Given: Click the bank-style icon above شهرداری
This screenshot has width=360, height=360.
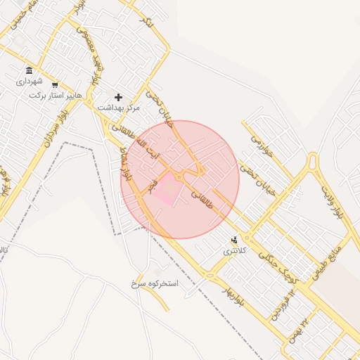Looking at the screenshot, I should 29,70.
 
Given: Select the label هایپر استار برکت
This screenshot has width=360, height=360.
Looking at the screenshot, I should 56,94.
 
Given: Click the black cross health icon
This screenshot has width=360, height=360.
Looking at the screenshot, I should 118,96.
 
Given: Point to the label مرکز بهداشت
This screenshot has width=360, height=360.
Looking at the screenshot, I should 119,108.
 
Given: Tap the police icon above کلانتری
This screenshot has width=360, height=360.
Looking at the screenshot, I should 235,240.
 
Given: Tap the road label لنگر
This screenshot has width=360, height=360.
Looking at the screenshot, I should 146,22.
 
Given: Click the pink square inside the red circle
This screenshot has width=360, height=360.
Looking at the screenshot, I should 165,189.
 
